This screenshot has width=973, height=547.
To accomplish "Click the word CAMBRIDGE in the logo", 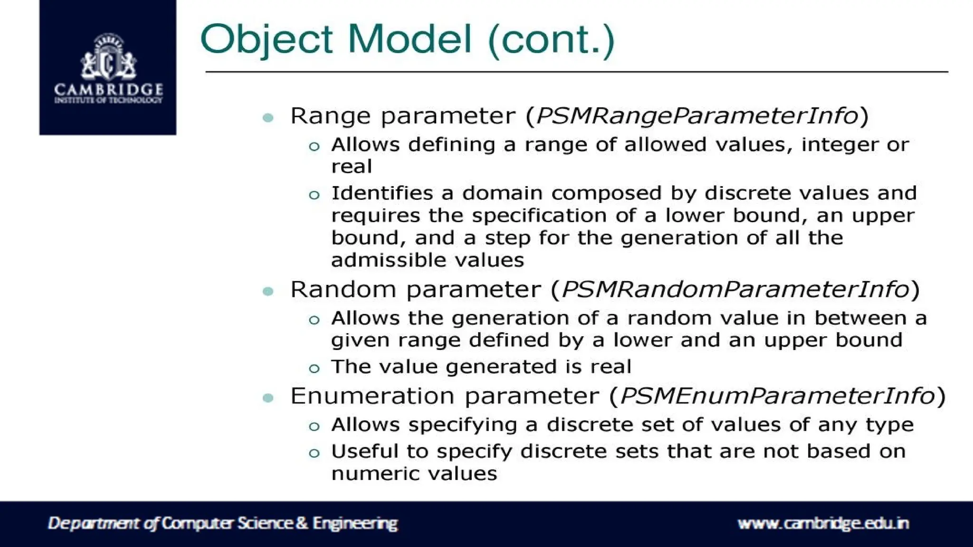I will [108, 89].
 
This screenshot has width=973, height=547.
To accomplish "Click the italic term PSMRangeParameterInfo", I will [697, 116].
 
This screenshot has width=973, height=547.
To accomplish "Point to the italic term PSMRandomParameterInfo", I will [735, 290].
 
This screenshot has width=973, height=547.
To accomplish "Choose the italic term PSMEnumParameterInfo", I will [778, 396].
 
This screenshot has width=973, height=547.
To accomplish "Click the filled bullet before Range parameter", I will [268, 117].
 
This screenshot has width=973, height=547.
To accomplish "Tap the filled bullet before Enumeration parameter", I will [268, 398].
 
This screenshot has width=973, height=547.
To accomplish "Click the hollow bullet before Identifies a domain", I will [314, 195].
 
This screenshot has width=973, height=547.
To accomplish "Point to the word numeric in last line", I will [375, 473].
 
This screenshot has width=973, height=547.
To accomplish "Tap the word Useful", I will [364, 451].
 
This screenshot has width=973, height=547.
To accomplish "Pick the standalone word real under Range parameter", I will [352, 167].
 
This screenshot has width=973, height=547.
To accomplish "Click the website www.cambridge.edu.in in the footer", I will [823, 523].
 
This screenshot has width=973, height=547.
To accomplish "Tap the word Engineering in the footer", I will [355, 523].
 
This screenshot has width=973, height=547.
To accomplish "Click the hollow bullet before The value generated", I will [314, 368].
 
